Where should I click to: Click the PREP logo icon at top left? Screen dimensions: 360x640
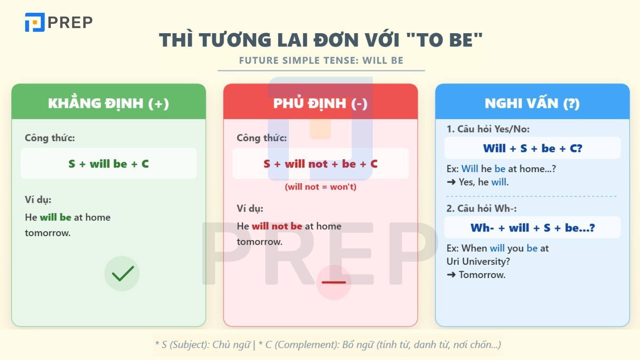click(35, 22)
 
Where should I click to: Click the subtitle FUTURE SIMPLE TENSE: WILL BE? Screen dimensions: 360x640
click(321, 61)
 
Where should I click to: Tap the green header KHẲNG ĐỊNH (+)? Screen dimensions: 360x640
click(108, 103)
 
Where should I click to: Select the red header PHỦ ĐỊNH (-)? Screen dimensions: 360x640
click(320, 103)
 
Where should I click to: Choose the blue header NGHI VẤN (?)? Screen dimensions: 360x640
click(532, 103)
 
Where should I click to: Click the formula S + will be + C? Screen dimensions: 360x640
click(108, 164)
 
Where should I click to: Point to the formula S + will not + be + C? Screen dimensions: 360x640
click(320, 164)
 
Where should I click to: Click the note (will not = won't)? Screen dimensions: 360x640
click(320, 187)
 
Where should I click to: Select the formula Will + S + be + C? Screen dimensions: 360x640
click(532, 148)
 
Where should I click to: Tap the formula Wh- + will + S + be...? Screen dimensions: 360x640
click(532, 228)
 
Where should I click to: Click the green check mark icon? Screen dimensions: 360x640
click(122, 274)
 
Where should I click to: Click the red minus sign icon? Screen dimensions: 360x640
click(334, 282)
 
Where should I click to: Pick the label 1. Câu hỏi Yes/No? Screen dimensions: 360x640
click(488, 129)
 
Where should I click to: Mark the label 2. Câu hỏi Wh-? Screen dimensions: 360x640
click(482, 208)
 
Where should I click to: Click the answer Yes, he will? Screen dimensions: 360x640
click(483, 182)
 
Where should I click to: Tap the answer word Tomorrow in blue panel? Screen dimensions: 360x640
click(482, 275)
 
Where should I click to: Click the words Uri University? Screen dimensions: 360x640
click(478, 262)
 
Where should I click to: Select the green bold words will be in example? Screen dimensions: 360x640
click(56, 217)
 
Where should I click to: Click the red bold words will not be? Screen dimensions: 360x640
click(277, 226)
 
